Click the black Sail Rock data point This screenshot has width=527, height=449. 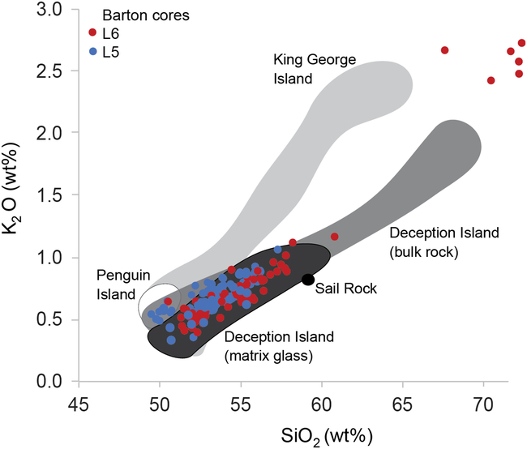(307, 280)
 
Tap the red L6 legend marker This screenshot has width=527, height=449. (92, 33)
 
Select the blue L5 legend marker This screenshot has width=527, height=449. (92, 51)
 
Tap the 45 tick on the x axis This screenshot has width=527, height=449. (79, 403)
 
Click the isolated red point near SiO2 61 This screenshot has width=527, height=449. (335, 237)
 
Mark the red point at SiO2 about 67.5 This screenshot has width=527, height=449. (444, 50)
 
